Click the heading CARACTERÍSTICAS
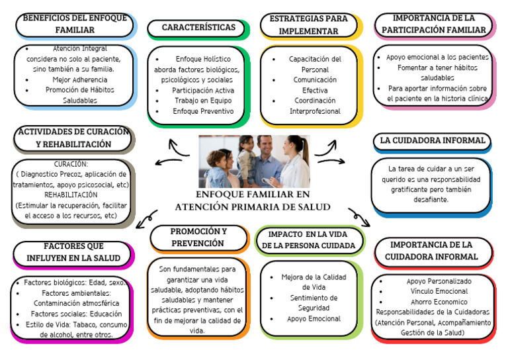tap(198, 27)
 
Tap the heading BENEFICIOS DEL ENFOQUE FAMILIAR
tap(74, 24)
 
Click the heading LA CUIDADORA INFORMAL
tap(433, 140)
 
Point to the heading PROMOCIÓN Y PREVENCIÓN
tap(198, 238)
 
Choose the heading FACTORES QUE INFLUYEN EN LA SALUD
tap(73, 251)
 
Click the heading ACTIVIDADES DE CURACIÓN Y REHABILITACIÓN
tap(73, 138)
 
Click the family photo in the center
tap(254, 161)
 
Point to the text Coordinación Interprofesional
tap(315, 106)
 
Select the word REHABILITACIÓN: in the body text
tap(71, 195)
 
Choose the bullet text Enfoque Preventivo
tap(203, 111)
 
